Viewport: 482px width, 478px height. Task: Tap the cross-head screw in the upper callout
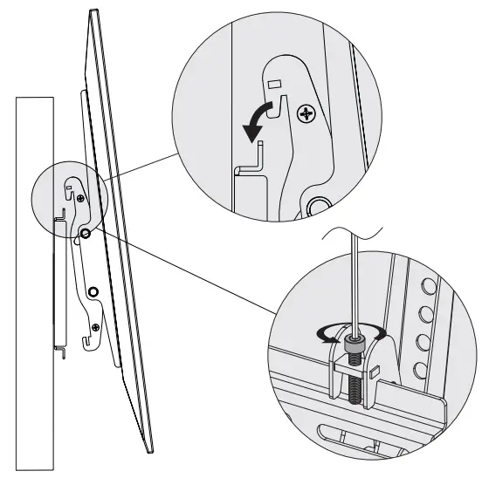click(306, 113)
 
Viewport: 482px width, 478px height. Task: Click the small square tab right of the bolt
click(373, 373)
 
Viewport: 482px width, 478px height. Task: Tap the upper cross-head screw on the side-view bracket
click(81, 199)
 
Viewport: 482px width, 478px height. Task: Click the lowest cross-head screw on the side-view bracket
click(84, 234)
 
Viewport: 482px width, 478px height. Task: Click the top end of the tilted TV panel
click(91, 13)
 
